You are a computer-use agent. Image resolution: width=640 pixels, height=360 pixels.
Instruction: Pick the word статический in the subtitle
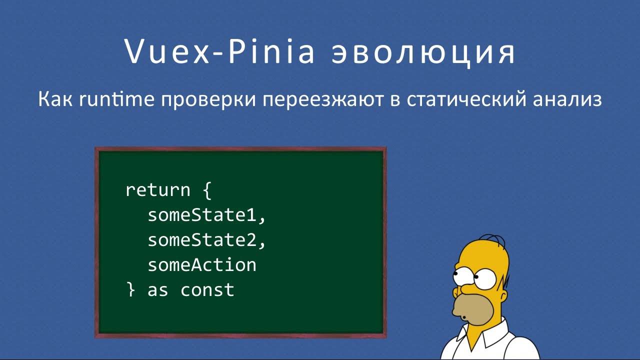click(x=465, y=99)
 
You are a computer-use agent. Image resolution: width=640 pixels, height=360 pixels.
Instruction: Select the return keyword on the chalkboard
click(x=158, y=190)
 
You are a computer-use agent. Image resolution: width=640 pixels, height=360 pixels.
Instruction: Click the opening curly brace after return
click(x=207, y=191)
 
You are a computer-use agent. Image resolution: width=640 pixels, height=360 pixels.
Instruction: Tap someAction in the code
click(x=202, y=265)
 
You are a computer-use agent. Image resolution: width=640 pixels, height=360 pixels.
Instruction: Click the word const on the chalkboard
click(x=207, y=290)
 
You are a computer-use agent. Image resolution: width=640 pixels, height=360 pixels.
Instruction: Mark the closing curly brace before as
click(x=131, y=290)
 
